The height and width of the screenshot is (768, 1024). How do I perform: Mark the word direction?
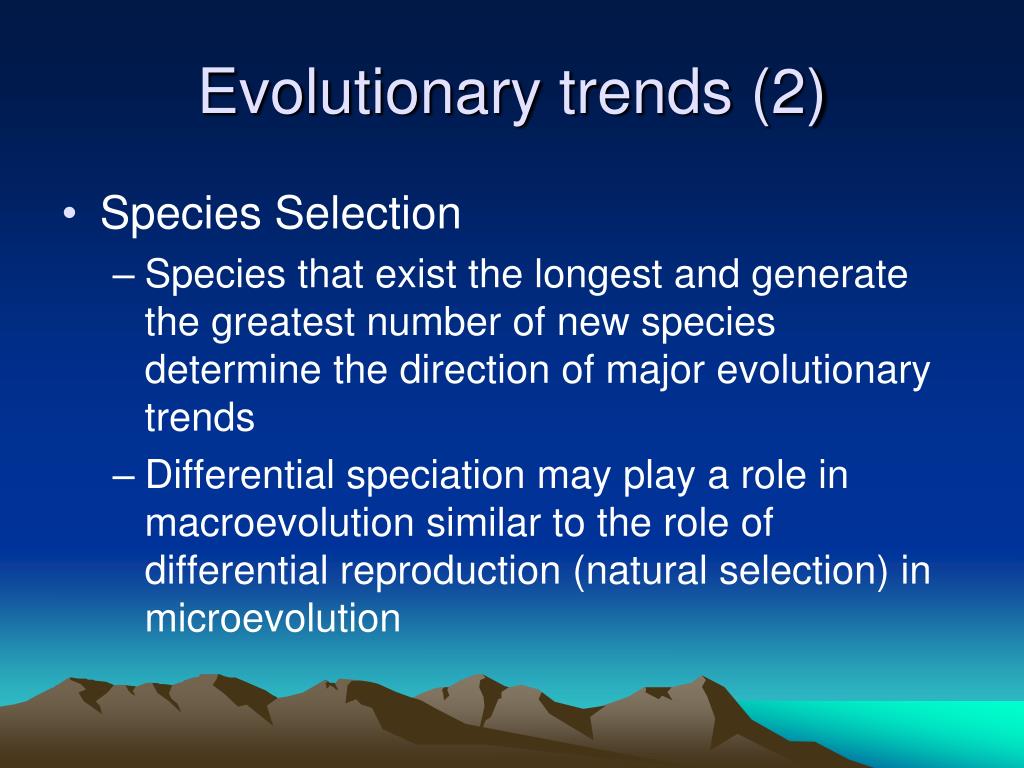tap(470, 371)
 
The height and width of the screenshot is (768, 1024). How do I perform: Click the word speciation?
tap(436, 476)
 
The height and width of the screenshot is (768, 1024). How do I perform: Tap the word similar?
tap(459, 523)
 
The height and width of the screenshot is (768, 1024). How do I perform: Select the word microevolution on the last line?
tap(272, 619)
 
